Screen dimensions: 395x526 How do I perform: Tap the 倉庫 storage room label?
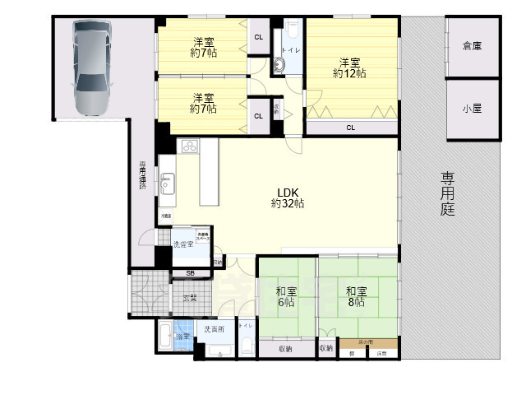pos(472,46)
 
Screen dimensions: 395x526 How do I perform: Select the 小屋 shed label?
pos(472,109)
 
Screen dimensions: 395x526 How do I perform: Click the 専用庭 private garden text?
pos(448,194)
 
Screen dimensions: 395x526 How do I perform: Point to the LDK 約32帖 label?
pos(289,197)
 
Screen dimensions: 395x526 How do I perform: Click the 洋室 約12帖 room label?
pos(349,67)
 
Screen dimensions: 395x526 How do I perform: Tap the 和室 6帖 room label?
pos(286,296)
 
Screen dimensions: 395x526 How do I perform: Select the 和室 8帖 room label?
pos(356,296)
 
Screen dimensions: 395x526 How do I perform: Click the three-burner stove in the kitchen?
pos(188,146)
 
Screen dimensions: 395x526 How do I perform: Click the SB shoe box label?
pos(190,273)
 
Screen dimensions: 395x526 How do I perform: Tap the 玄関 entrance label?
pos(190,298)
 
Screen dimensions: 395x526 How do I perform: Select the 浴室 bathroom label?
pos(183,337)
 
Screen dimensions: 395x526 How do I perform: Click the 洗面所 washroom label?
pos(214,329)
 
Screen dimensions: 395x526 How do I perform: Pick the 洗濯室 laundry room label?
pos(182,244)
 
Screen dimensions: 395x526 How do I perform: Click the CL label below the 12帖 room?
pos(351,128)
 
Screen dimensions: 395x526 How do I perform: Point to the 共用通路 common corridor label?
pos(142,175)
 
